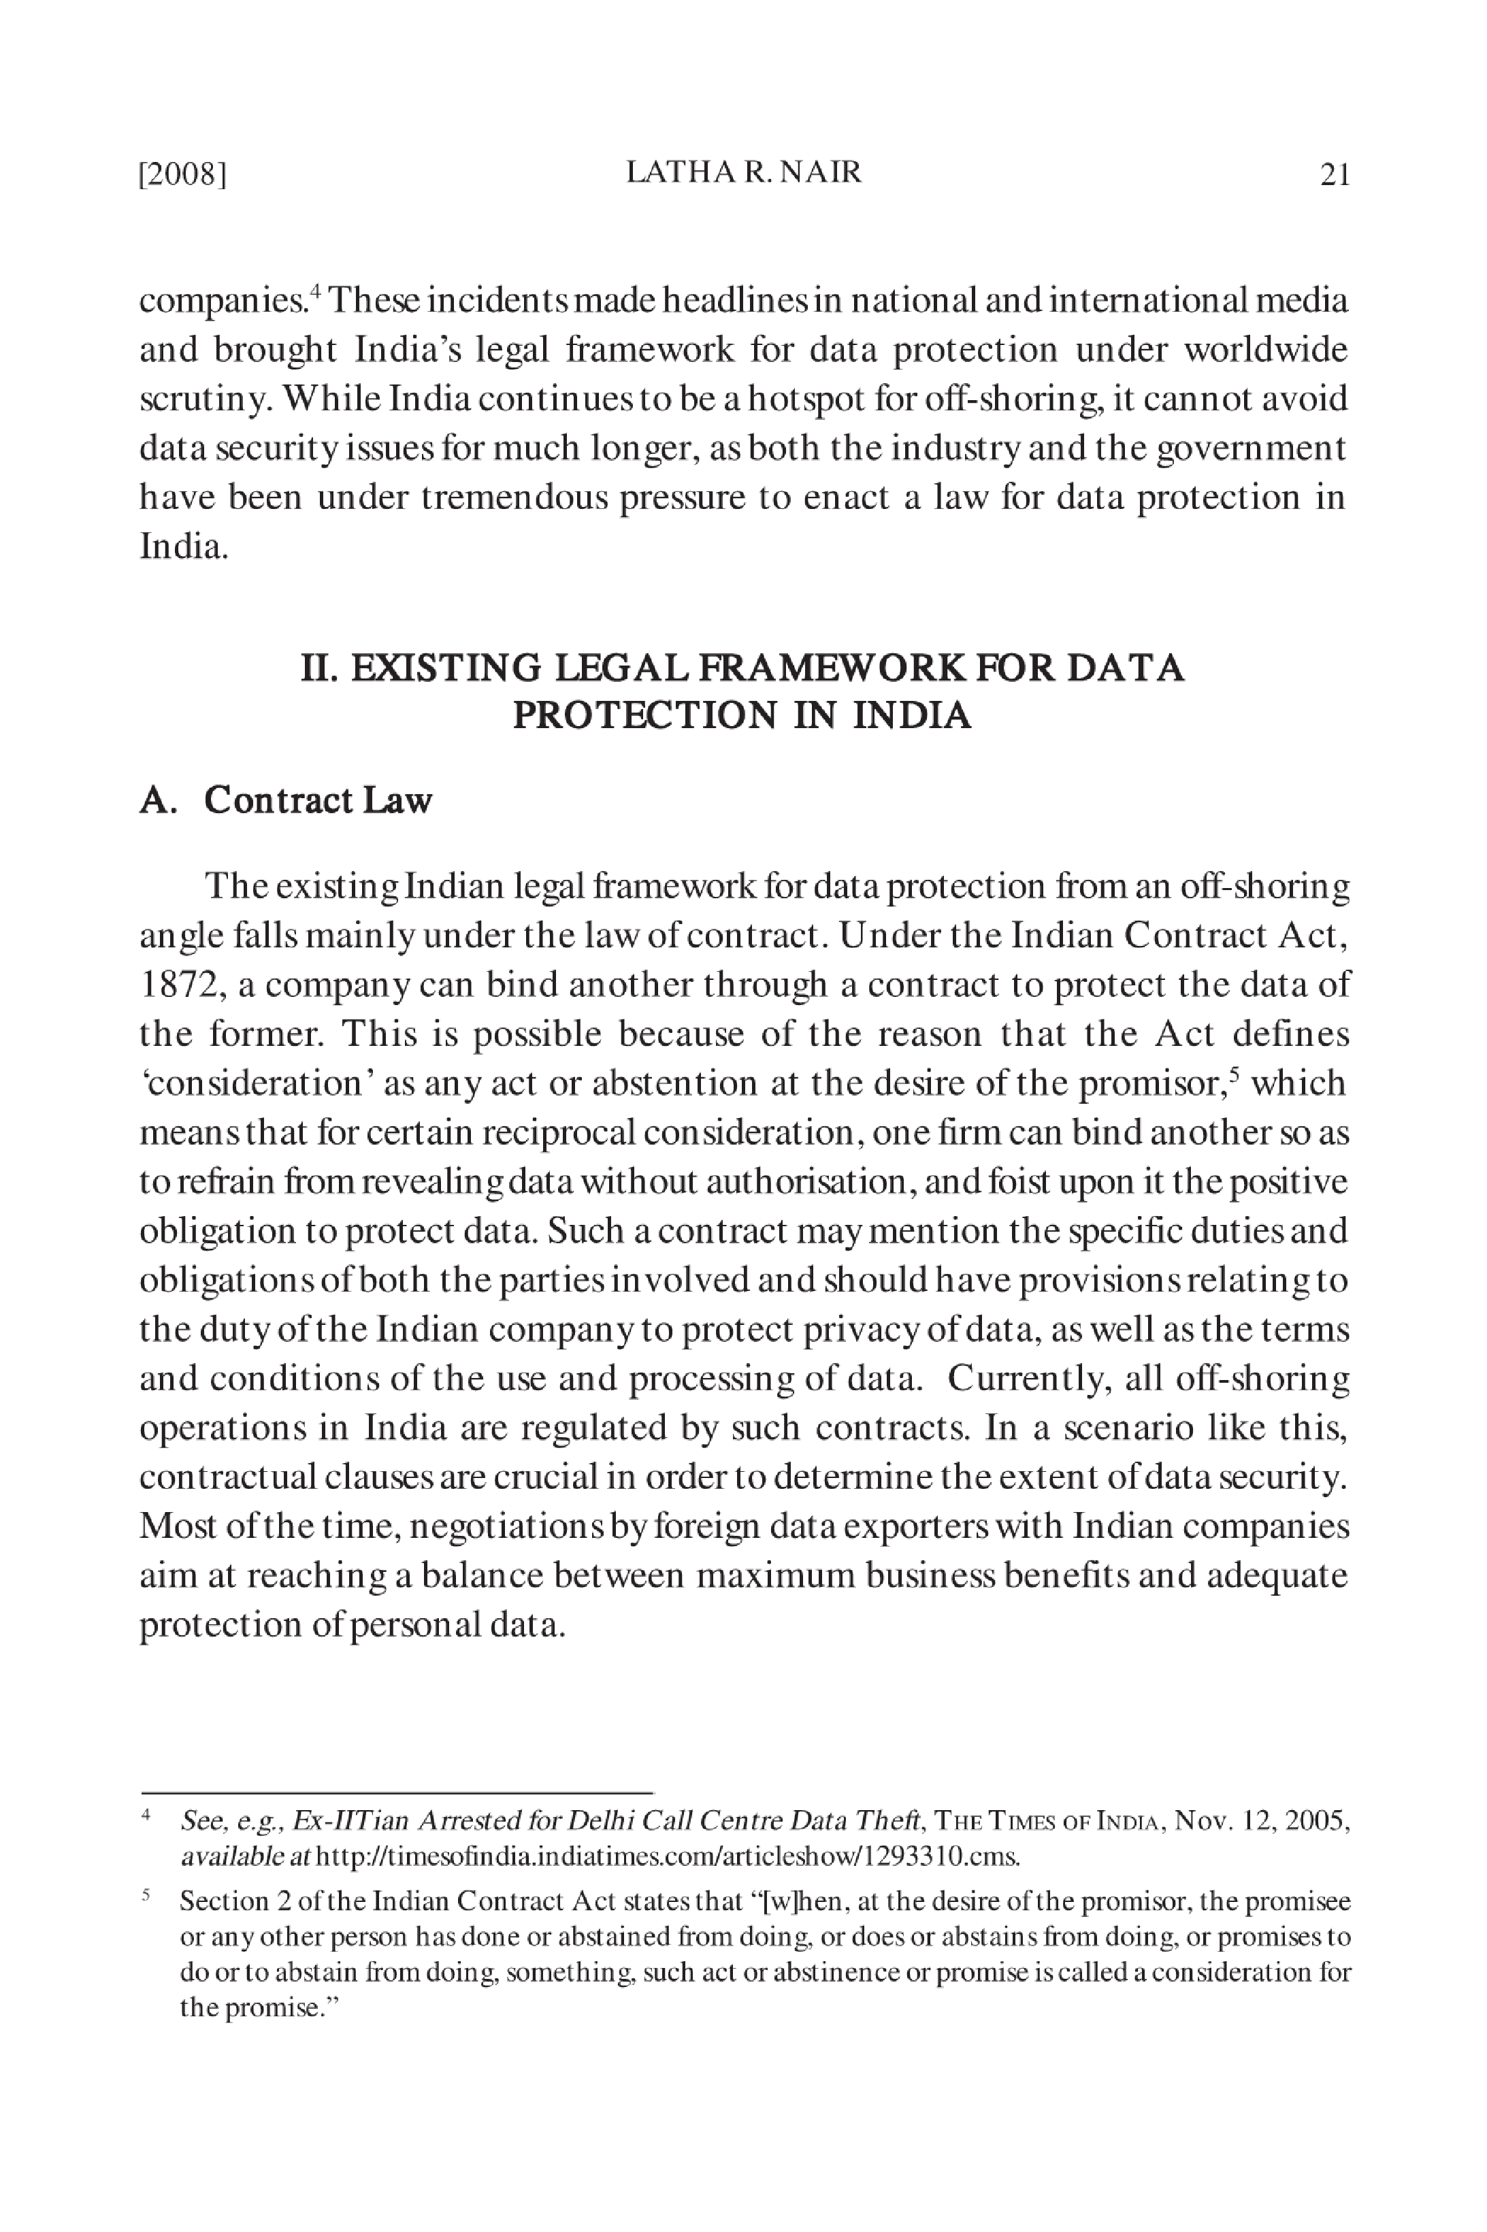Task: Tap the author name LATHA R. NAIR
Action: point(743,173)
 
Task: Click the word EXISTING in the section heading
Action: point(446,668)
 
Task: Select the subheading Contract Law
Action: point(318,800)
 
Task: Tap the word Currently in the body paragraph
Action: point(1027,1379)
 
